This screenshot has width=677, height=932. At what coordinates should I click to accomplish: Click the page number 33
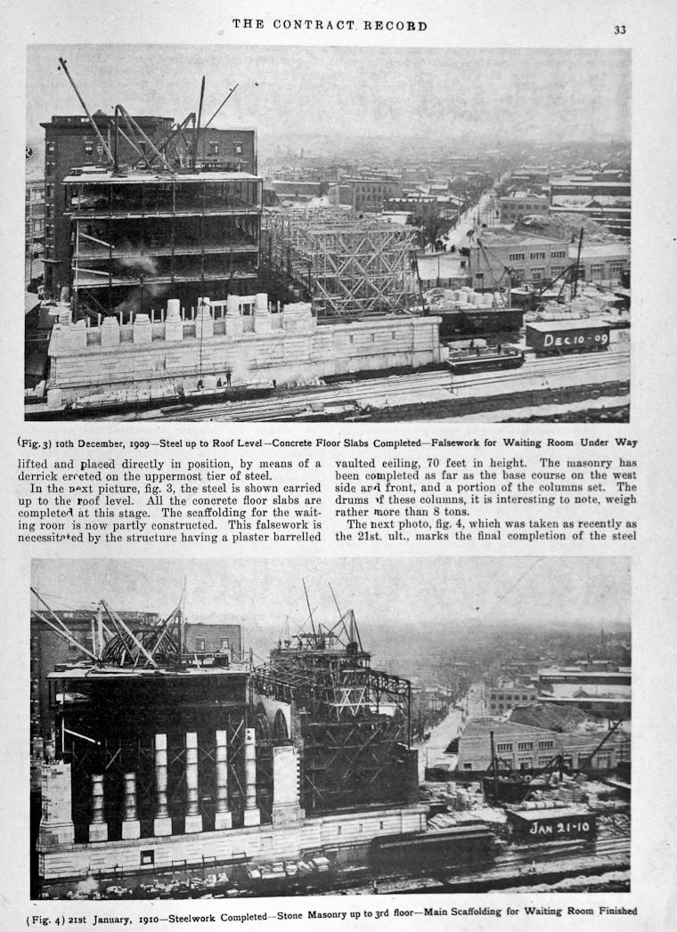(619, 29)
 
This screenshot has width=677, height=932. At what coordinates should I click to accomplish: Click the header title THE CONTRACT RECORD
(330, 25)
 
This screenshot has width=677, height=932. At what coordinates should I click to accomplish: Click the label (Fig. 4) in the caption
(47, 911)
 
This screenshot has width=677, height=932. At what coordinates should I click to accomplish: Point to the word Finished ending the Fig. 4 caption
(616, 911)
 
